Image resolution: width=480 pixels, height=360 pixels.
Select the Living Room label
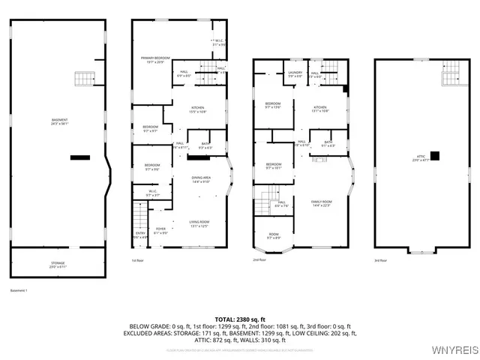(x=199, y=223)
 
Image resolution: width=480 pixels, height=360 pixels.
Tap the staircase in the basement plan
(x=81, y=78)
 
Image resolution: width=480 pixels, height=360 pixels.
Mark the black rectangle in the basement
(x=78, y=157)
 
